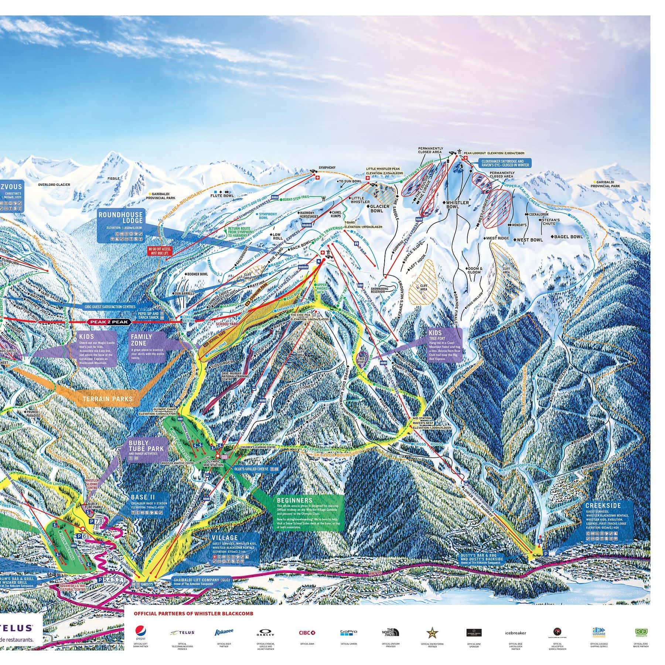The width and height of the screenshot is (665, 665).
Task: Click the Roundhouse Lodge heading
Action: coord(120,217)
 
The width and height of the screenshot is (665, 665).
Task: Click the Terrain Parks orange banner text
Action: coord(108,399)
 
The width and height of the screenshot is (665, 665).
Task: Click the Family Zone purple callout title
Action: coord(141,340)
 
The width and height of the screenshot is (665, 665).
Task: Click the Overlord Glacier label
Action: coord(54,185)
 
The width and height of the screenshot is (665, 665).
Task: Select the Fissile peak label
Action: coord(113,178)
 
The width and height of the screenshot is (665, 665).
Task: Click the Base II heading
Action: coord(140,497)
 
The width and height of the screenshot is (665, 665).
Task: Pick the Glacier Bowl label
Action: coord(380,209)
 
